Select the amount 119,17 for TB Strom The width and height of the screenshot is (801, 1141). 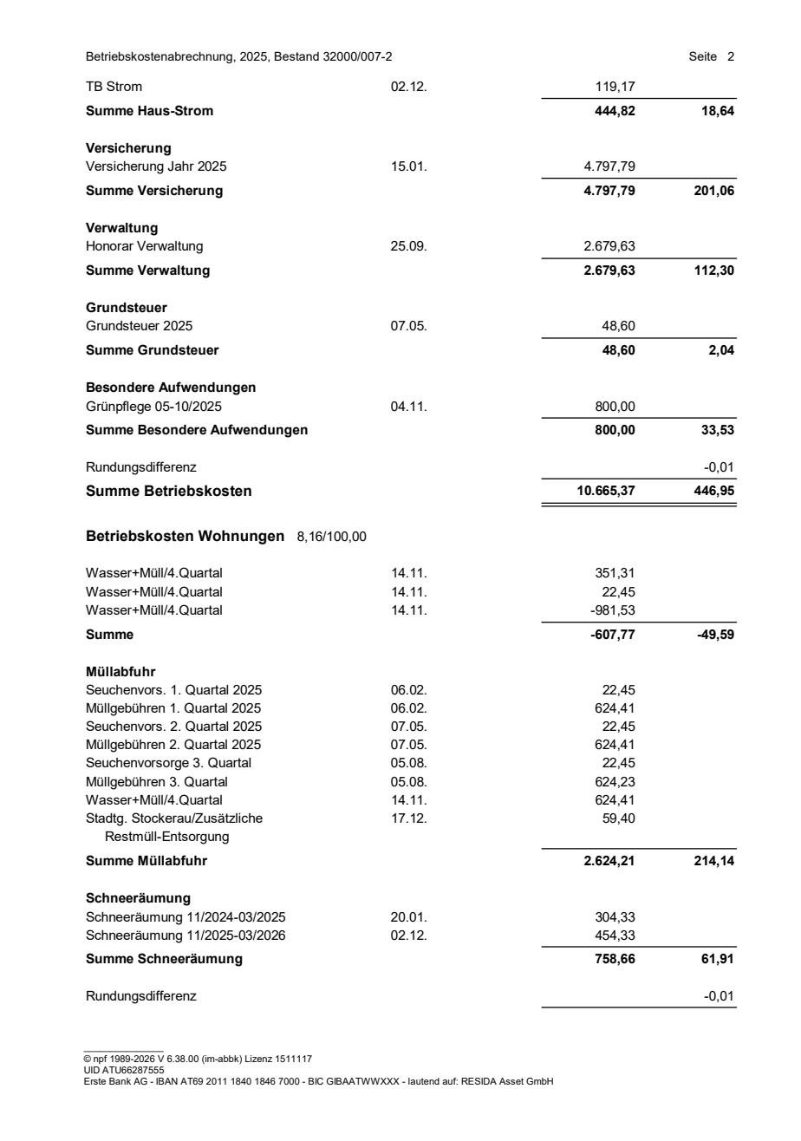615,87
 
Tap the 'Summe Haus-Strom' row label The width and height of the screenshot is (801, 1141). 149,110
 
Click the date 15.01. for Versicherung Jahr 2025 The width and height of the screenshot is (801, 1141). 408,166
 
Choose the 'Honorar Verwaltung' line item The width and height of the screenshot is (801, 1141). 144,246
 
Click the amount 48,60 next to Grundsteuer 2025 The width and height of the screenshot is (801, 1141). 620,326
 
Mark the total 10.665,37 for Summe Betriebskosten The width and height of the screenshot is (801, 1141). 606,492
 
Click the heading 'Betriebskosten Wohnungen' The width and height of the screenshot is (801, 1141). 185,537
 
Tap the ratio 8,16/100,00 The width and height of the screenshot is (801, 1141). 331,538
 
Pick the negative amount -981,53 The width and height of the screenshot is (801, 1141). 614,610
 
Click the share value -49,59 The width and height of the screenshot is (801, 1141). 716,635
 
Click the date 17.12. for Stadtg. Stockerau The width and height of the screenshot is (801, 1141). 408,818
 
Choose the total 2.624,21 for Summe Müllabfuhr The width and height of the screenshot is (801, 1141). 609,861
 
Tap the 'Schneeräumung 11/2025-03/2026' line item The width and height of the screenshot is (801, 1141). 186,935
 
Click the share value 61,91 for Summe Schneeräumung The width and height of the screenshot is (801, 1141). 719,959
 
